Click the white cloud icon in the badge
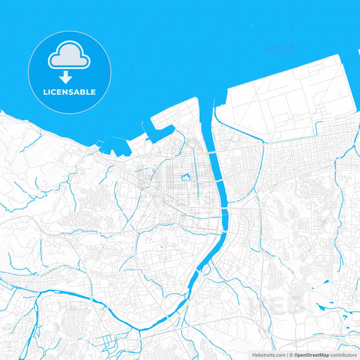[x=70, y=57]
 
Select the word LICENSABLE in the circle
[x=70, y=92]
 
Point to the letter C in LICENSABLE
[x=57, y=92]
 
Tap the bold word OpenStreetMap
[x=311, y=355]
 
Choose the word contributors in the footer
[x=343, y=355]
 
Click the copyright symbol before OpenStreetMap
[x=291, y=355]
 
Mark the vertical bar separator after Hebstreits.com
[x=288, y=355]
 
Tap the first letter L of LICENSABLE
[x=45, y=92]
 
